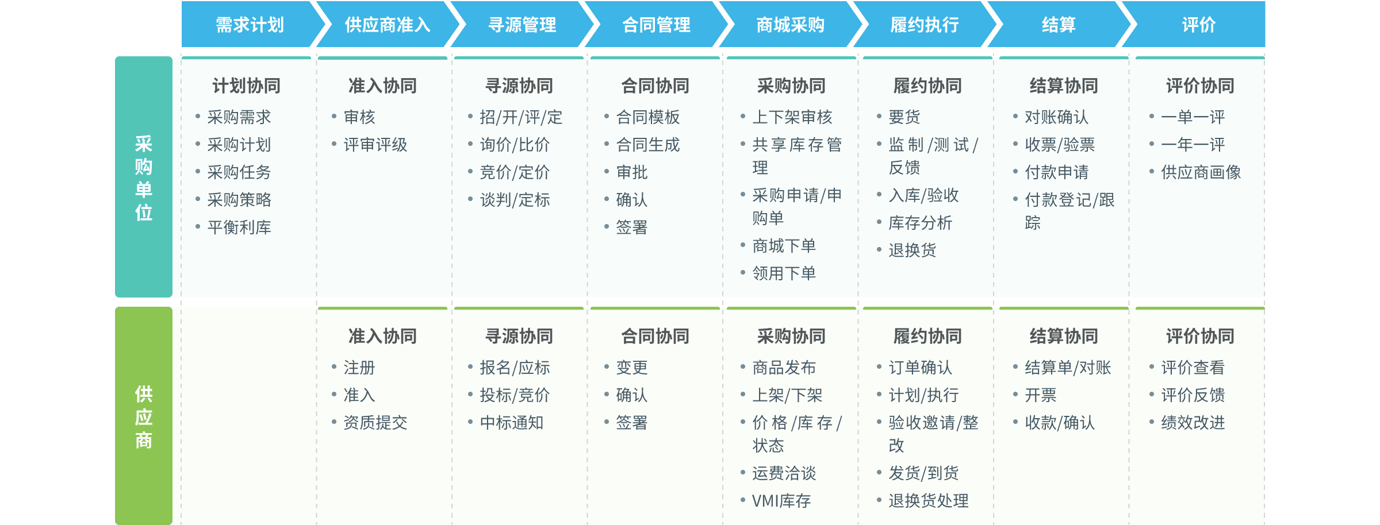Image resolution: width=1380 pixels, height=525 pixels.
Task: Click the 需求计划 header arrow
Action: pyautogui.click(x=250, y=25)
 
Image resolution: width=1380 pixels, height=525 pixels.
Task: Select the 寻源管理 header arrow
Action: pyautogui.click(x=522, y=25)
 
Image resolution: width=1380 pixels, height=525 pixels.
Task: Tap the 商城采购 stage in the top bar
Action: pyautogui.click(x=790, y=25)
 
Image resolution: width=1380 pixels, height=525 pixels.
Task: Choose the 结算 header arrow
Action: pyautogui.click(x=1058, y=25)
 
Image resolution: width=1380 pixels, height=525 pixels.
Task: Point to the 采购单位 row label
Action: pyautogui.click(x=144, y=177)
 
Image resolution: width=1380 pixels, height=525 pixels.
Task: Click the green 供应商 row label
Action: pyautogui.click(x=144, y=417)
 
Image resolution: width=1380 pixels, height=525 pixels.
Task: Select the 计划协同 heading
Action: pyautogui.click(x=246, y=86)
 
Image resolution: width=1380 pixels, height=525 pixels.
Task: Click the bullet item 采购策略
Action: pyautogui.click(x=239, y=200)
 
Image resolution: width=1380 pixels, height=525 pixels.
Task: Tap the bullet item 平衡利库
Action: pyautogui.click(x=239, y=227)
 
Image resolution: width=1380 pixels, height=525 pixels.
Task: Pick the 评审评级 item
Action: pyautogui.click(x=375, y=145)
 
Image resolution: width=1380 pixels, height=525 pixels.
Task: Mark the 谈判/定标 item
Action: pyautogui.click(x=515, y=200)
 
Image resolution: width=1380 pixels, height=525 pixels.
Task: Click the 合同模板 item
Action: pyautogui.click(x=647, y=117)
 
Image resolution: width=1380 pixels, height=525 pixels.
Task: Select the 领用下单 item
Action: pyautogui.click(x=784, y=273)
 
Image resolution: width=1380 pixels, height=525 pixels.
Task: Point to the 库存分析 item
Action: pyautogui.click(x=920, y=223)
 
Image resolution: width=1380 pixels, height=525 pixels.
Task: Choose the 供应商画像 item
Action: pyautogui.click(x=1201, y=172)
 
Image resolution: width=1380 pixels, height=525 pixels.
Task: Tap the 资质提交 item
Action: pyautogui.click(x=375, y=423)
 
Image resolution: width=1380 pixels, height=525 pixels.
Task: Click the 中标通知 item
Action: pyautogui.click(x=511, y=423)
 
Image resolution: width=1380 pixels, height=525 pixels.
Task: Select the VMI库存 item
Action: pyautogui.click(x=781, y=501)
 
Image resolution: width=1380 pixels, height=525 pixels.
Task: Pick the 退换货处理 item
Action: pyautogui.click(x=928, y=501)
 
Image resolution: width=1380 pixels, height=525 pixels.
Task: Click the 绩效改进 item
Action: pyautogui.click(x=1193, y=423)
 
